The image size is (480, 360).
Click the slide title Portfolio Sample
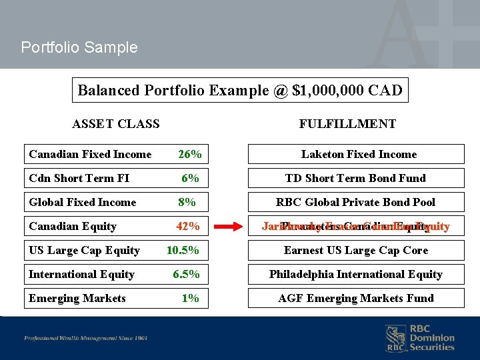coord(79,47)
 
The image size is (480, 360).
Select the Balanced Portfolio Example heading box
coord(240,91)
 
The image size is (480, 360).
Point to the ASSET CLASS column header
coord(116,124)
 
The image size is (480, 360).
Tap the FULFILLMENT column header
coord(347,124)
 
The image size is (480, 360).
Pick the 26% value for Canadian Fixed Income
coord(190,155)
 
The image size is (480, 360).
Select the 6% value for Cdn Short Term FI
coord(191,179)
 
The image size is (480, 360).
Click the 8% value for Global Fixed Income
coord(187,203)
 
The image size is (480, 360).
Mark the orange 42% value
coord(188,227)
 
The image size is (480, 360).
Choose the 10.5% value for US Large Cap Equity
coord(183,251)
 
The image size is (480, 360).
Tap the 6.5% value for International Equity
coord(186,275)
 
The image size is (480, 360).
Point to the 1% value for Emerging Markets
coord(191,299)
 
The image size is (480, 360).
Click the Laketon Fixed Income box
coord(356,155)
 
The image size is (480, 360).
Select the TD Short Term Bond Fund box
coord(356,179)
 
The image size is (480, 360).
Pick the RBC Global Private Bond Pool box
coord(356,203)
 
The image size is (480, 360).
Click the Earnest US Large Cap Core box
coord(356,251)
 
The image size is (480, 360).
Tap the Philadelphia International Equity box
coord(356,275)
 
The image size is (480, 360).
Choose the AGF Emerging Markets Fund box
coord(356,299)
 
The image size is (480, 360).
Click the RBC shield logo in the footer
coord(395,338)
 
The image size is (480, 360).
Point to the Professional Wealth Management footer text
coord(86,338)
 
